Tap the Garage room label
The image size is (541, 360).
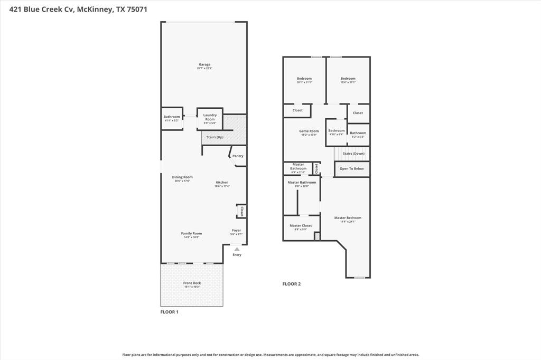click(x=204, y=64)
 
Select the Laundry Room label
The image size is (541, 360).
click(x=210, y=117)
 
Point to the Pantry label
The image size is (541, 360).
click(x=238, y=156)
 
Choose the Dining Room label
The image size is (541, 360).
click(x=182, y=177)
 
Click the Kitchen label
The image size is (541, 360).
click(x=222, y=182)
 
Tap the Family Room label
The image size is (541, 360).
click(x=191, y=233)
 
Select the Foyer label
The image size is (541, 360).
click(x=236, y=230)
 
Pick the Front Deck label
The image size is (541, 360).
click(x=192, y=283)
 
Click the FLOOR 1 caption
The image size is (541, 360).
click(x=169, y=312)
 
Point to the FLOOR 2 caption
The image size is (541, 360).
click(x=291, y=284)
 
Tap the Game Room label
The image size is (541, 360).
click(x=309, y=131)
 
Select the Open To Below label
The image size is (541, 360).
click(x=351, y=168)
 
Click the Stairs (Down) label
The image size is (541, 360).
click(x=353, y=154)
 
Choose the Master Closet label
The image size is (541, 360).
click(x=301, y=225)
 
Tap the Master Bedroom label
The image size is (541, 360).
click(x=348, y=217)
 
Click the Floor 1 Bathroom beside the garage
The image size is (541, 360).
click(x=172, y=117)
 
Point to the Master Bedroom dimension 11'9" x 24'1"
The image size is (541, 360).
click(x=348, y=222)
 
